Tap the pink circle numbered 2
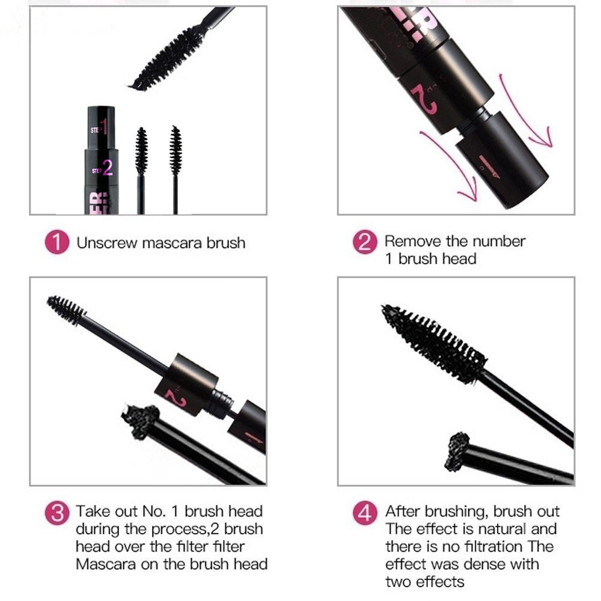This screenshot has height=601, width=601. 365,242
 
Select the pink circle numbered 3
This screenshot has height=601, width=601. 57,513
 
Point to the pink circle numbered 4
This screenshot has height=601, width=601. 365,513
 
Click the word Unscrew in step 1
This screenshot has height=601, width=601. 106,243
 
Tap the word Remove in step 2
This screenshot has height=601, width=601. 413,241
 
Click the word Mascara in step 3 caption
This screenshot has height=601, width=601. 106,564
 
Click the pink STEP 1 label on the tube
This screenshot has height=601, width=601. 99,128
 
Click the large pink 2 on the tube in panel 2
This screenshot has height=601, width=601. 425,99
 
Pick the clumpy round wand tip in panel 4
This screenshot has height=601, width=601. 457,452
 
